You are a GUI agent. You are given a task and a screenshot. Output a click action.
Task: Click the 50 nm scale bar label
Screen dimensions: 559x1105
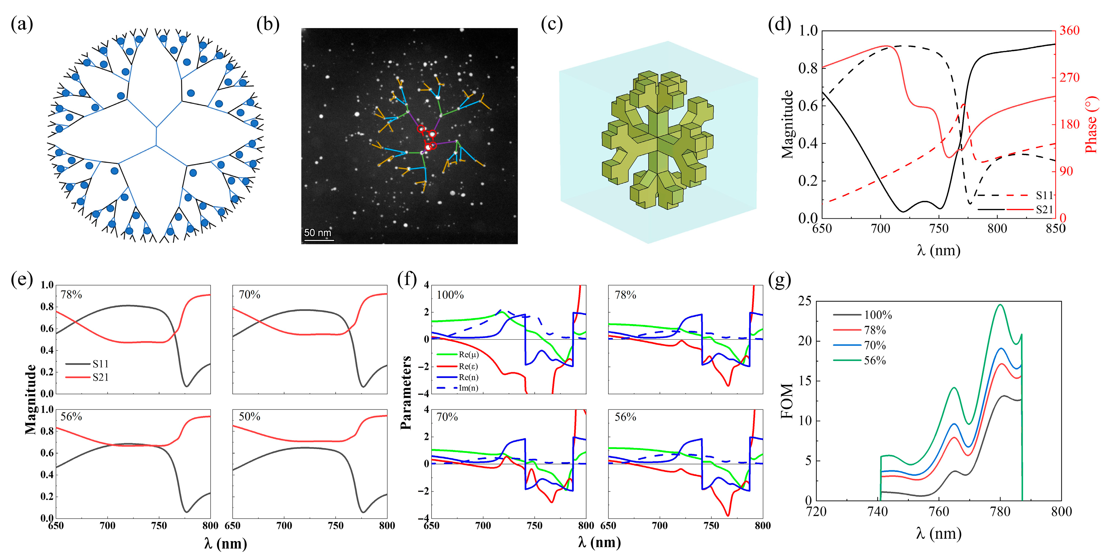[318, 233]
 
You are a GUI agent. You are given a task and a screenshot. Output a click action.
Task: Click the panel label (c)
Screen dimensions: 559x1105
[551, 24]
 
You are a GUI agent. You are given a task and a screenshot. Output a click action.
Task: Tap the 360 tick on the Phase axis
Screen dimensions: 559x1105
[1069, 30]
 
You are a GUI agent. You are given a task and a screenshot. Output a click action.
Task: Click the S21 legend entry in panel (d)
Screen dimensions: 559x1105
[1044, 210]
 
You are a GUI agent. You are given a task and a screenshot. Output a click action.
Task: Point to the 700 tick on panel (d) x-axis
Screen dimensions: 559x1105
[880, 228]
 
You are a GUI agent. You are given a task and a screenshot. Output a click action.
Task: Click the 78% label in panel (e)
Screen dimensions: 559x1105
[71, 295]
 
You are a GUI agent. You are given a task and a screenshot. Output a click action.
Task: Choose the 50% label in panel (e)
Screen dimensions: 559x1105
[249, 416]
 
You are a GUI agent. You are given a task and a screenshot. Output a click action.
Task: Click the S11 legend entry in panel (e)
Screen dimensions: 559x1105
[100, 364]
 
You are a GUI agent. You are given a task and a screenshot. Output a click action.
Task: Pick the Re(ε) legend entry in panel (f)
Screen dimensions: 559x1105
[468, 366]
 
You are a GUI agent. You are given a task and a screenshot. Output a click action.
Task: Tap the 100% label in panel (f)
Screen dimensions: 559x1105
[450, 295]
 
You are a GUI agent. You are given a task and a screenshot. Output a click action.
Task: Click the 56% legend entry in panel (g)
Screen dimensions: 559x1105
[875, 361]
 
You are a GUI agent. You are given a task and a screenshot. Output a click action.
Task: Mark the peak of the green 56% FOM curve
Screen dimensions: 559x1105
[1000, 305]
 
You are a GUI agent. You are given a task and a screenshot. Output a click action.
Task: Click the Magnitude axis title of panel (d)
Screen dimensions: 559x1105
[787, 125]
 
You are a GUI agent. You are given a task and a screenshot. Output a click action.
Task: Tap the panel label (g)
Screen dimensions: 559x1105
[779, 280]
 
